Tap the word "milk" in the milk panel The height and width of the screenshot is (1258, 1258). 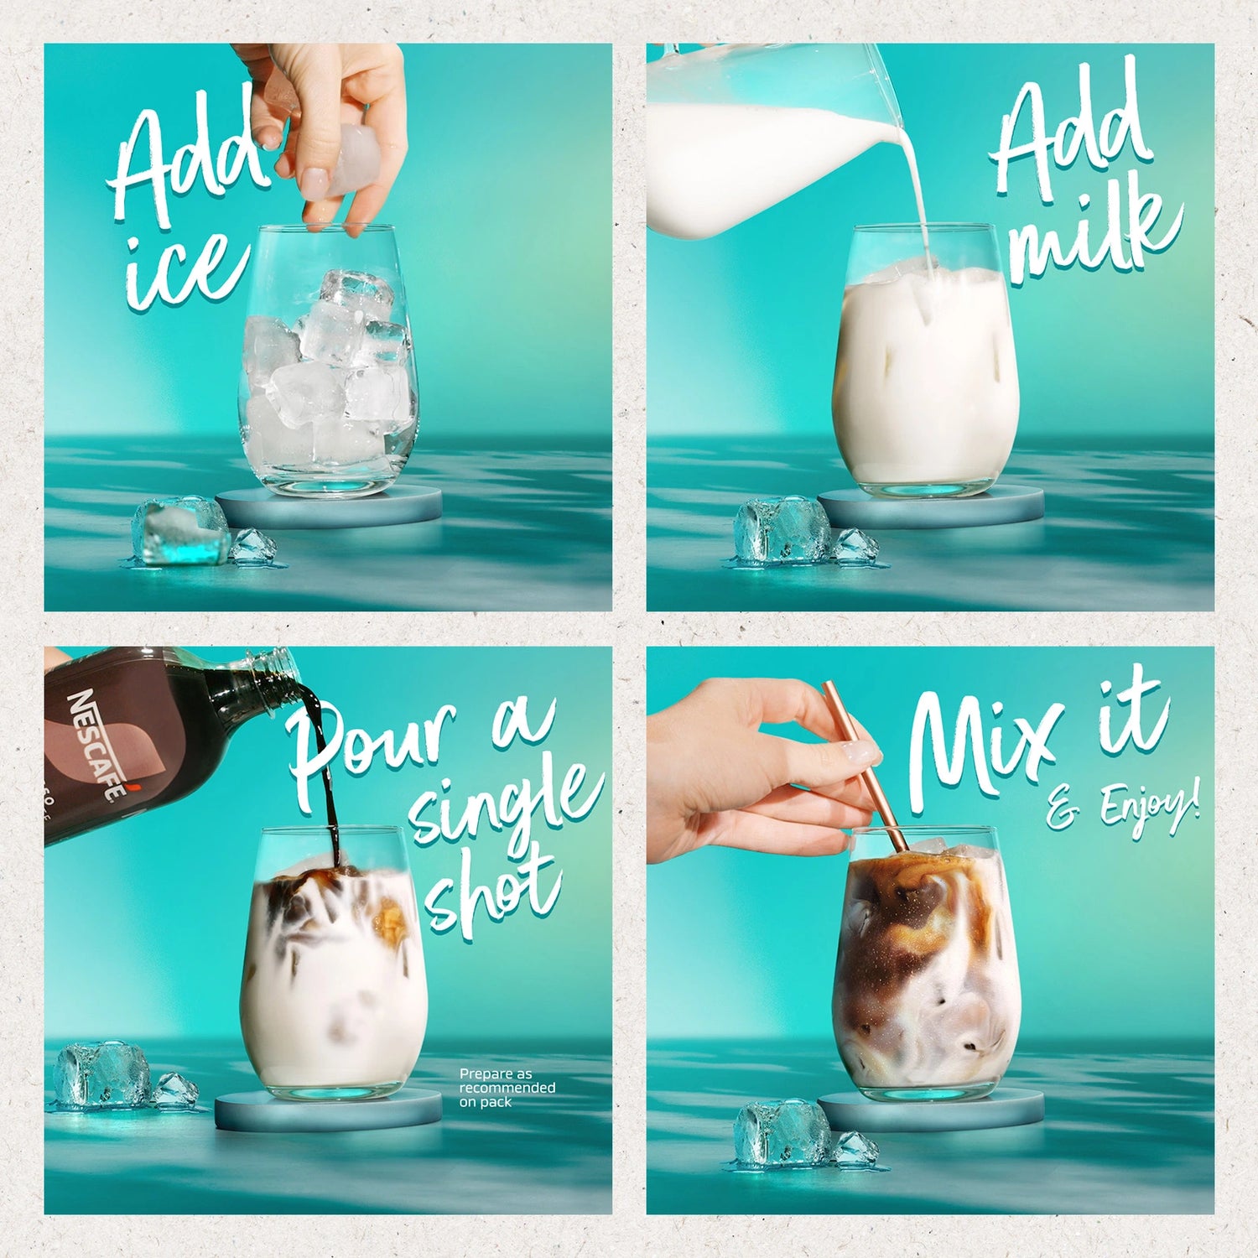(x=1094, y=230)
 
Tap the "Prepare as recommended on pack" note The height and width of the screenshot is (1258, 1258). (x=507, y=1088)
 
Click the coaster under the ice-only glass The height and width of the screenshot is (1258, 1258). (x=329, y=506)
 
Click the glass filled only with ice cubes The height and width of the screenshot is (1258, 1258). (x=328, y=361)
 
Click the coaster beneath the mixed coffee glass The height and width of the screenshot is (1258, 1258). (x=930, y=1110)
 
